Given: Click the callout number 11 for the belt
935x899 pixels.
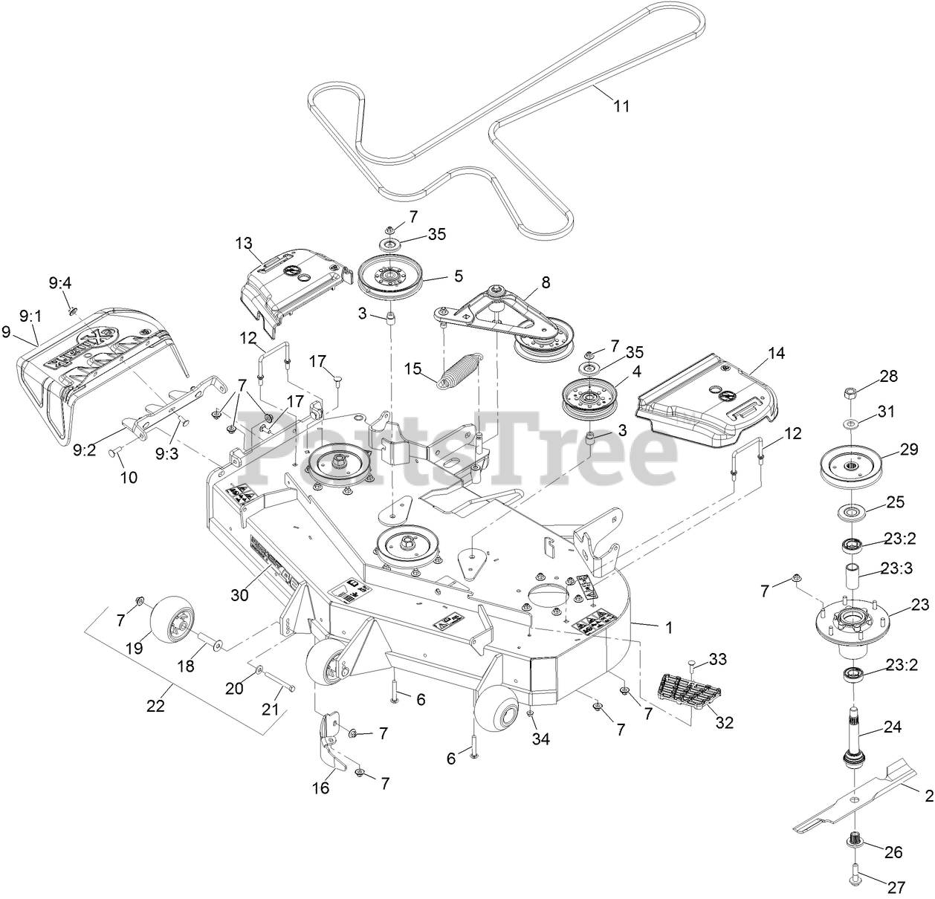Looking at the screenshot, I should click(621, 106).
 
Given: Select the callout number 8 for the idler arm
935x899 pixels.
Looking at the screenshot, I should click(546, 282).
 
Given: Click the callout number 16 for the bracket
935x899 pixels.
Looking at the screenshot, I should click(320, 788).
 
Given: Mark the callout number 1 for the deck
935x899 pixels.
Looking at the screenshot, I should click(668, 627).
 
